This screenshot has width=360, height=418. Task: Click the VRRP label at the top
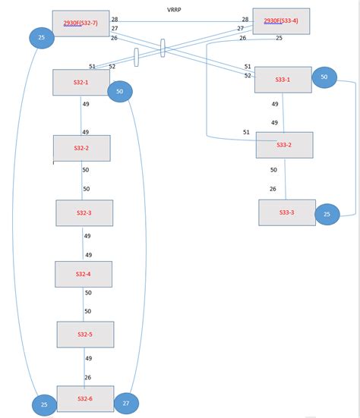point(174,10)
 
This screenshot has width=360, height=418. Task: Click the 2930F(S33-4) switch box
point(281,20)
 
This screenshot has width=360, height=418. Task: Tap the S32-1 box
point(81,82)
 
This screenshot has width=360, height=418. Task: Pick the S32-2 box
point(81,148)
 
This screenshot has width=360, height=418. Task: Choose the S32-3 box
point(84,213)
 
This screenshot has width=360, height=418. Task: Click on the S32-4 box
point(84,274)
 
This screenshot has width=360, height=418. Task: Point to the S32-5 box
point(85,335)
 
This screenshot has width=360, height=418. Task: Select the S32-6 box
point(85,398)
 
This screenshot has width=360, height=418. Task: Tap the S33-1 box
point(283,80)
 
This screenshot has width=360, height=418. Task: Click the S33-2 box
point(284,145)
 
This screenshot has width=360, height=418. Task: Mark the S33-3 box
point(286,212)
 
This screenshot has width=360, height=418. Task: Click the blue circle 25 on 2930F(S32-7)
point(42,38)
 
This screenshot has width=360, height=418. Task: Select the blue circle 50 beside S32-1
point(120,92)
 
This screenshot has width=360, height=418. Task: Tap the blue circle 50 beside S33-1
point(324,77)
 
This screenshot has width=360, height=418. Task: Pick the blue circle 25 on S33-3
point(327,215)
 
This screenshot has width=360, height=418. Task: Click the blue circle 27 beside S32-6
point(126,404)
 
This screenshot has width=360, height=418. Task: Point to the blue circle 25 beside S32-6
point(44,405)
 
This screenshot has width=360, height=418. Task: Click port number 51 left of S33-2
point(246,132)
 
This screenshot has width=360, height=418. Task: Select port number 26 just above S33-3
point(273,189)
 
